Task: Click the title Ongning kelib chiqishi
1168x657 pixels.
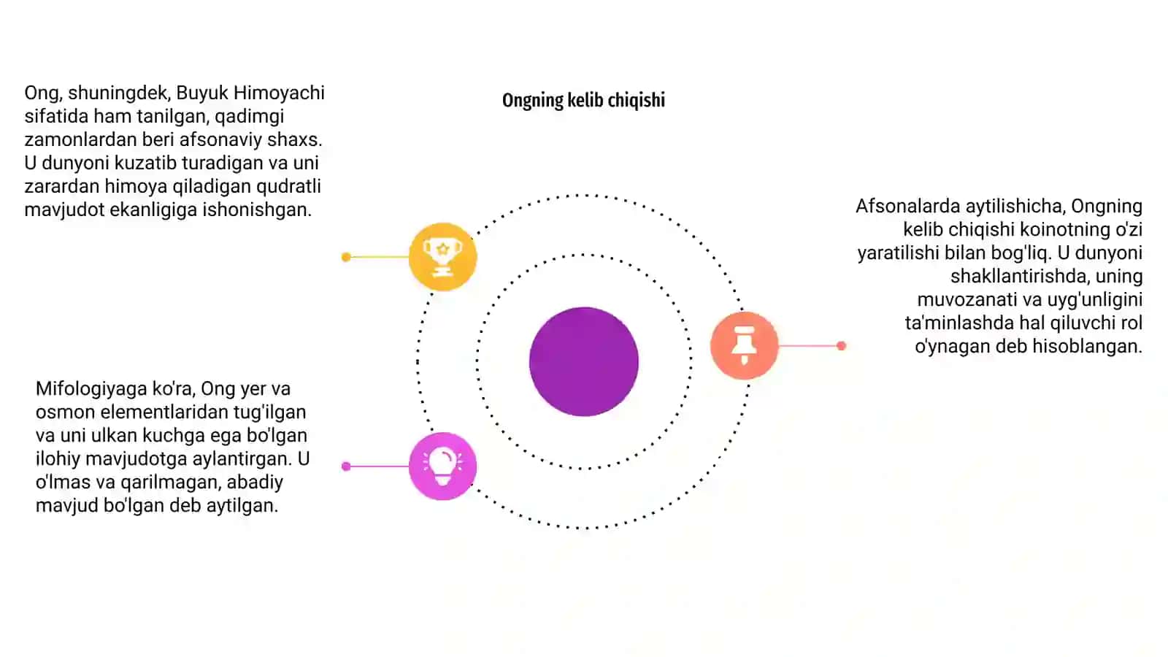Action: click(583, 101)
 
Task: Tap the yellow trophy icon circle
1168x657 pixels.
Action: click(442, 256)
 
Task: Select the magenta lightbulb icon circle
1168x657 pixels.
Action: click(442, 466)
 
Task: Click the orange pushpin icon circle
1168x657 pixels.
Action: click(744, 345)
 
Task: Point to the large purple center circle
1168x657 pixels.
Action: click(583, 361)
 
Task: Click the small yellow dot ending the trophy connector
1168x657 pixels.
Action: click(346, 257)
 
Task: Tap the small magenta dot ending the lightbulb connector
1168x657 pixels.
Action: click(346, 466)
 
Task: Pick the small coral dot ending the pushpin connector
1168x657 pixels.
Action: click(841, 346)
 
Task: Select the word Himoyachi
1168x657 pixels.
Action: click(279, 93)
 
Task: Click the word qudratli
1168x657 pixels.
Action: click(288, 186)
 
